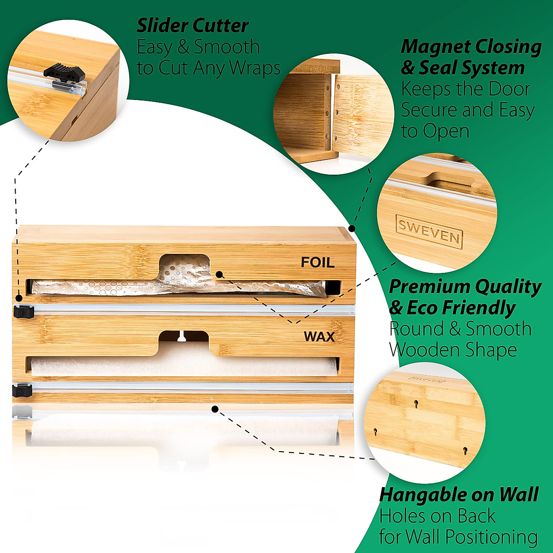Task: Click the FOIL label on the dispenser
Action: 318,262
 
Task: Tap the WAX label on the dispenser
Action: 319,337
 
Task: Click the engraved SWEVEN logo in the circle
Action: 429,231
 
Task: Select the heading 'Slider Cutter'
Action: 193,25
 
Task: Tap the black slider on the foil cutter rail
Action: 24,312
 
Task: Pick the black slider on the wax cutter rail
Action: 22,390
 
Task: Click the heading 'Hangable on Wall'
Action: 459,494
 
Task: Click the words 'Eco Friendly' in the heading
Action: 461,308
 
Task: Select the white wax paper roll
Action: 184,366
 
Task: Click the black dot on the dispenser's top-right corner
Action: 352,228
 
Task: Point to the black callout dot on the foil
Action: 220,275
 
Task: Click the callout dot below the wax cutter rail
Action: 214,408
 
